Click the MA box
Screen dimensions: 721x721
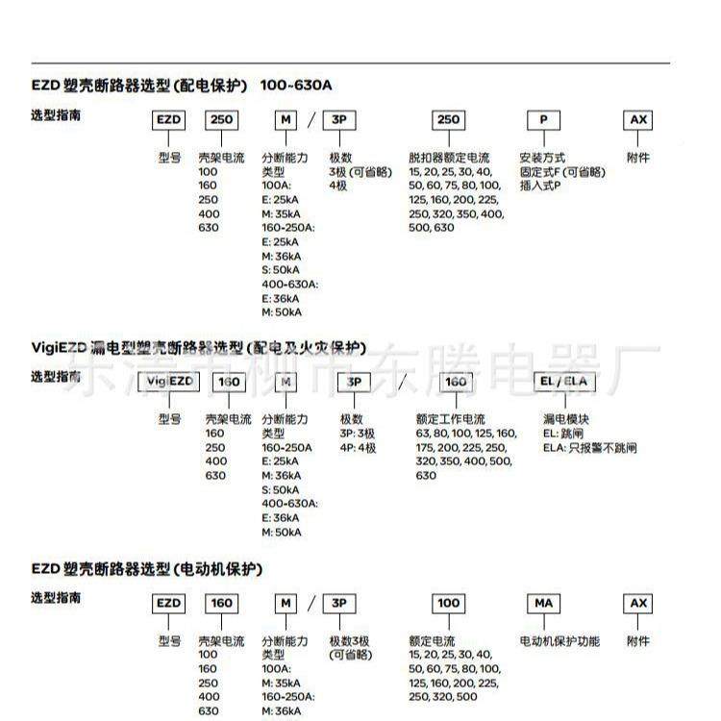[x=543, y=604]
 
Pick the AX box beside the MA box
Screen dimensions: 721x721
[x=638, y=604]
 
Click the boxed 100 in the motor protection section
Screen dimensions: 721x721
[x=449, y=604]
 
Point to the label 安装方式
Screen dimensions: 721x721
[x=542, y=158]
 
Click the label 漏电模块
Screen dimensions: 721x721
[x=566, y=420]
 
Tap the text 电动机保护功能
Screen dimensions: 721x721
[x=559, y=641]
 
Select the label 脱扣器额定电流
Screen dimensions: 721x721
[x=449, y=158]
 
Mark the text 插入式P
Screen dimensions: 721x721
[x=540, y=186]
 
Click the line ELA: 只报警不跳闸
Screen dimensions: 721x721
[x=589, y=448]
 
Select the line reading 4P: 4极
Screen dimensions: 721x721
[x=358, y=448]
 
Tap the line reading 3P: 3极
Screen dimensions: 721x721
[x=358, y=434]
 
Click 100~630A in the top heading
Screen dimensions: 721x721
[x=296, y=85]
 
